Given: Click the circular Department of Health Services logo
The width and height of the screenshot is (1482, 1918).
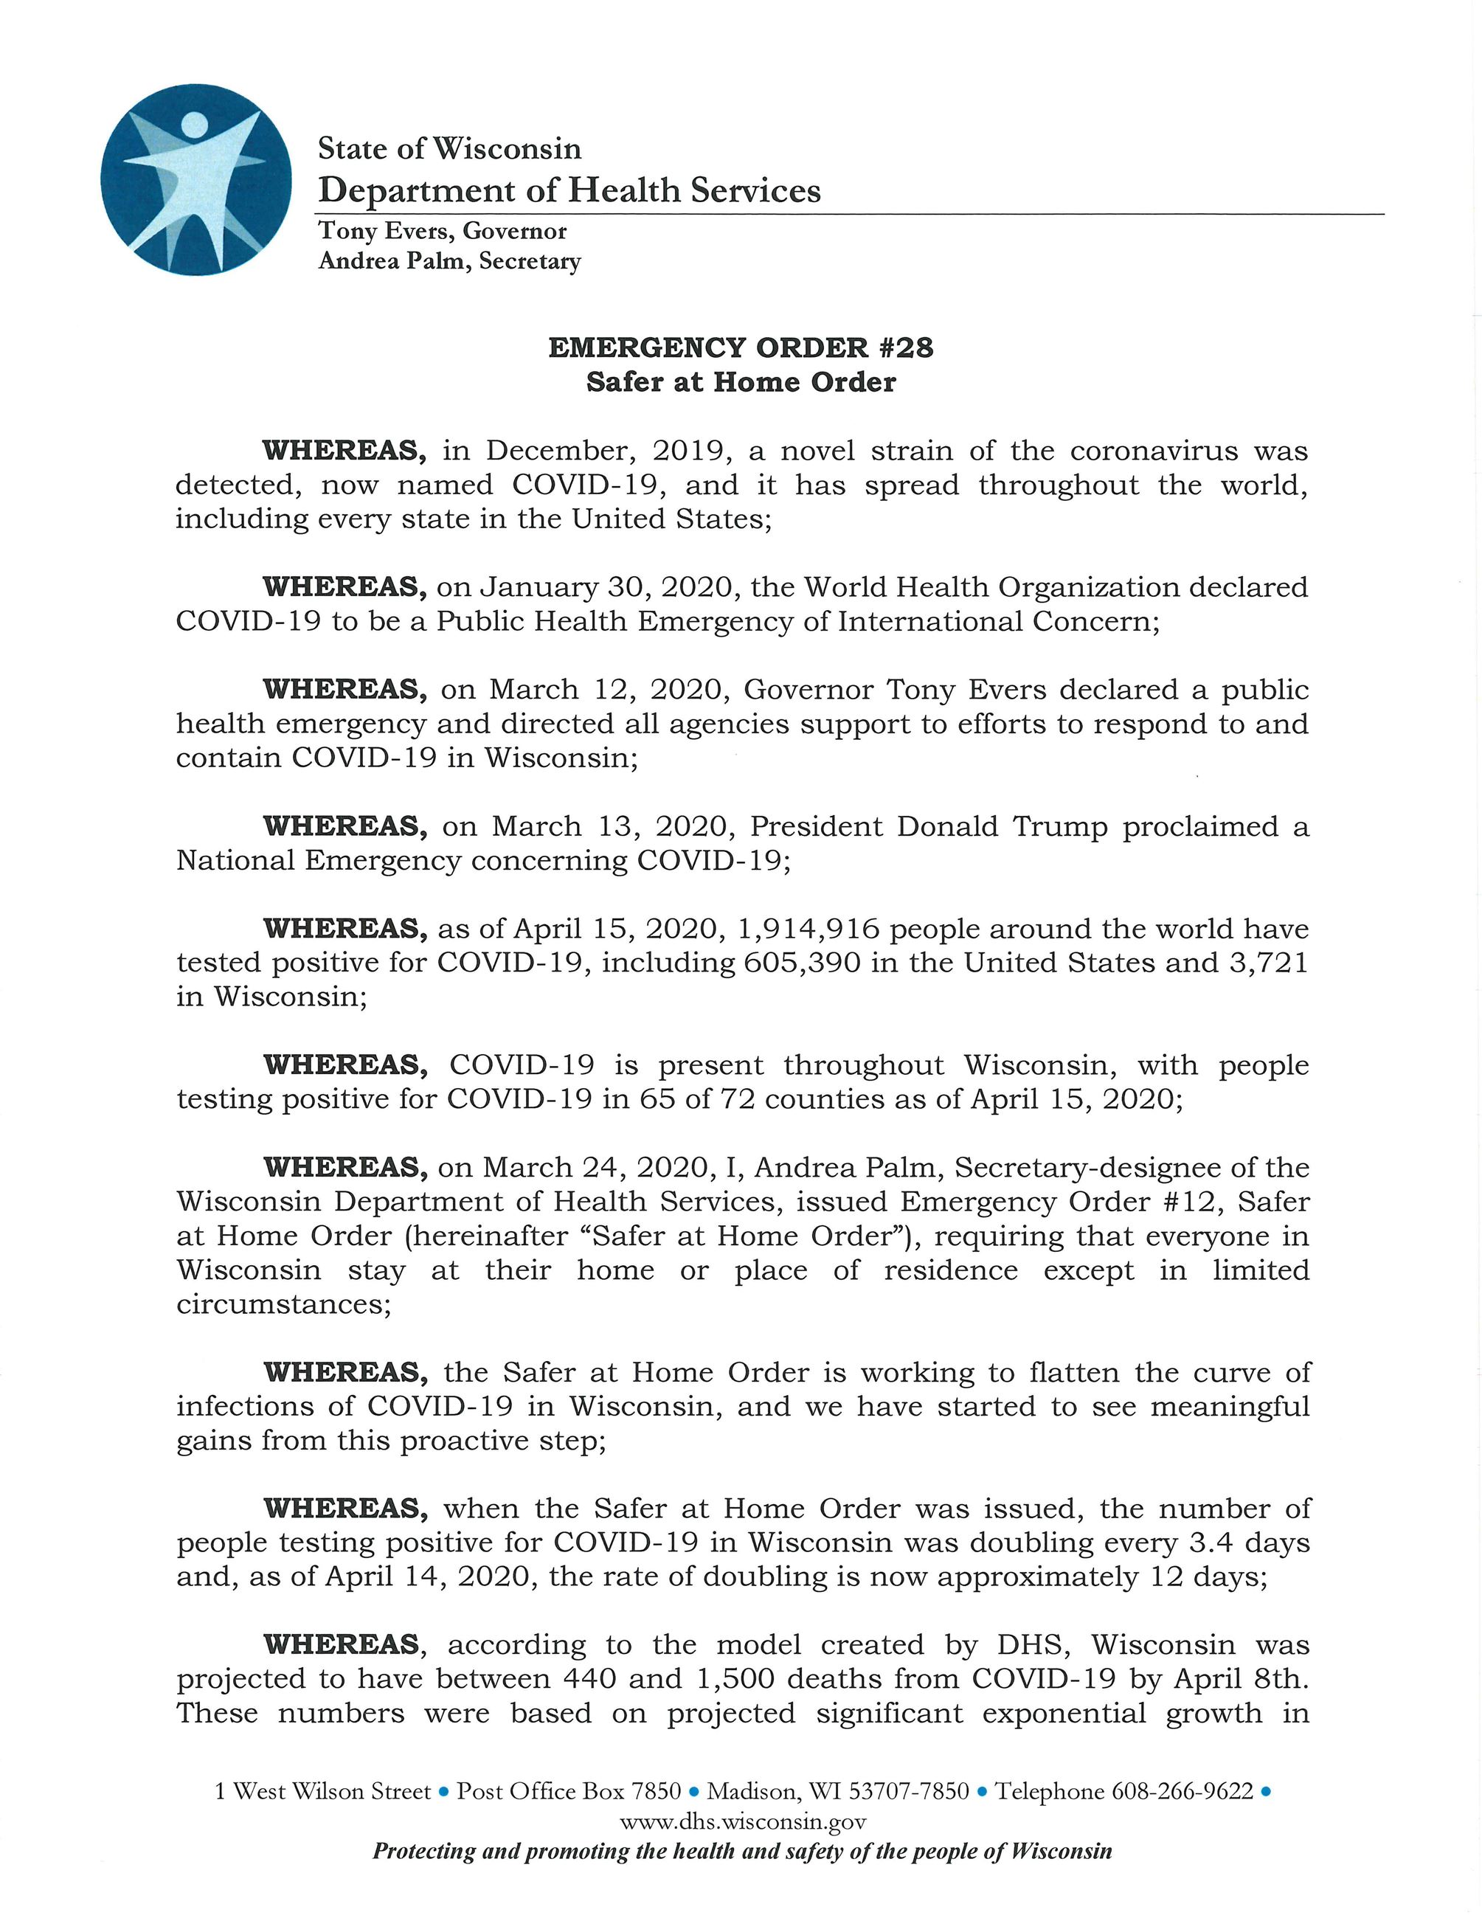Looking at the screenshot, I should click(195, 179).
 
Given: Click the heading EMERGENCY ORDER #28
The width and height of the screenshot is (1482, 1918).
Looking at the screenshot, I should click(740, 347).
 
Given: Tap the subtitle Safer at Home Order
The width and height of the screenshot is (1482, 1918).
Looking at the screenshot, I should click(740, 382).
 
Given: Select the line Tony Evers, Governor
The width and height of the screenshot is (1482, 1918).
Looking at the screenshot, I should click(442, 231).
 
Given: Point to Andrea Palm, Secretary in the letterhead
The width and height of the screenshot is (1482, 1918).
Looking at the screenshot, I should click(449, 262).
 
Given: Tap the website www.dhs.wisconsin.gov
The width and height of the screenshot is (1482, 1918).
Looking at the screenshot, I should click(743, 1822).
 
